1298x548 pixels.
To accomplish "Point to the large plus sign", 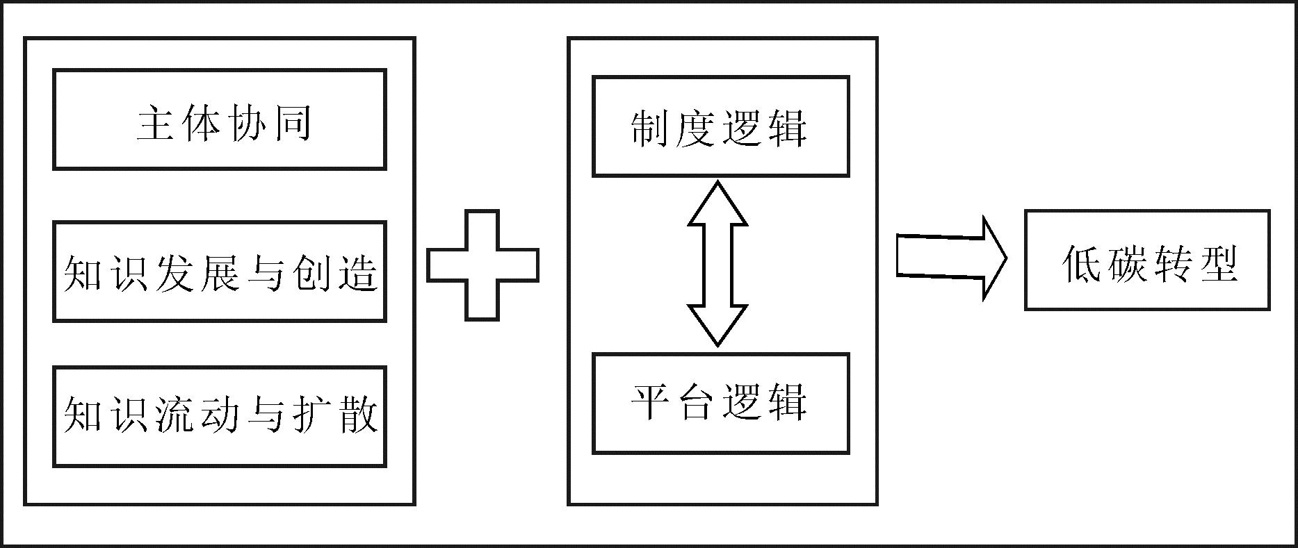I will coord(482,265).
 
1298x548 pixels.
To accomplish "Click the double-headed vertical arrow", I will coord(717,264).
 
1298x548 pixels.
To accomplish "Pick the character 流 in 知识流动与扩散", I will coord(175,415).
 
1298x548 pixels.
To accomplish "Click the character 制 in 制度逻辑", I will coord(650,128).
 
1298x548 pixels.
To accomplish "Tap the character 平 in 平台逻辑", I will coord(650,402).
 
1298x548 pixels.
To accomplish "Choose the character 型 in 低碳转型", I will coord(1218,264).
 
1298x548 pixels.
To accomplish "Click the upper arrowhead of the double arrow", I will coord(717,205).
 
